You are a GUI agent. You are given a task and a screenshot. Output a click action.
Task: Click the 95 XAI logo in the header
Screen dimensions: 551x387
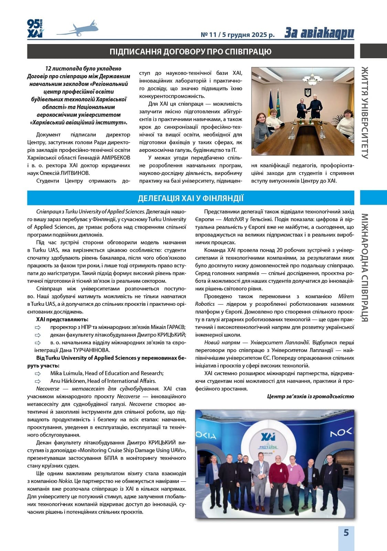tap(35, 28)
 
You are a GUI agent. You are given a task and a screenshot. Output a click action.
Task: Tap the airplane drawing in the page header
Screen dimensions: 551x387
tap(78, 29)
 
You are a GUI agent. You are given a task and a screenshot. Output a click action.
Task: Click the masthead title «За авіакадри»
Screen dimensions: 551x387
tap(319, 33)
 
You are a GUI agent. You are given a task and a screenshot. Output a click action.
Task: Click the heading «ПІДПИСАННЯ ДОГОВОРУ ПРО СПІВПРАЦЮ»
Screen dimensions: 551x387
tap(191, 52)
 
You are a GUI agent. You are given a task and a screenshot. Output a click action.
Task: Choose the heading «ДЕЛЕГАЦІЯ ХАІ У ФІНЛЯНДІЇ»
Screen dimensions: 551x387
tap(191, 198)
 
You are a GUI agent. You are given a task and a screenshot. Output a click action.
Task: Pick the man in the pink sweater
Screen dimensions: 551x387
tap(292, 480)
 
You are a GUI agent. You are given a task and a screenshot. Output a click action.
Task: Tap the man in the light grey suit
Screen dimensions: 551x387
tap(260, 480)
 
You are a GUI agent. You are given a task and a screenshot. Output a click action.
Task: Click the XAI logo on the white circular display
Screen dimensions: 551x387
tap(268, 437)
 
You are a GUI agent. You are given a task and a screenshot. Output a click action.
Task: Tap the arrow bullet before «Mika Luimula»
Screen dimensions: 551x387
tap(37, 374)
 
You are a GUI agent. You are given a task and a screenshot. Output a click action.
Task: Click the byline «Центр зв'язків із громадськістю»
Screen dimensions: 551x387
tap(310, 396)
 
